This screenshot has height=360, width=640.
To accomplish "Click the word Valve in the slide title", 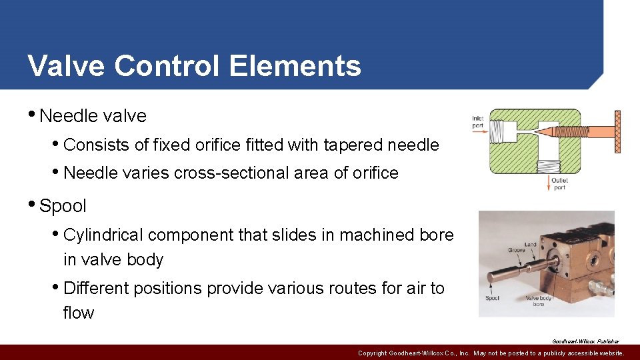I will (x=65, y=66).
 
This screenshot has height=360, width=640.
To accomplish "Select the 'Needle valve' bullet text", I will (x=93, y=116).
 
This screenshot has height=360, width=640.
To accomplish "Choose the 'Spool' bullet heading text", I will (x=63, y=206).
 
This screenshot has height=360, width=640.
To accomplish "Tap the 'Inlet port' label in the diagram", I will (x=477, y=121).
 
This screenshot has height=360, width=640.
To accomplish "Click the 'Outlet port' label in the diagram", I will (x=559, y=184).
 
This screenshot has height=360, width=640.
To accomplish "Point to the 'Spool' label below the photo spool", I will (x=491, y=298).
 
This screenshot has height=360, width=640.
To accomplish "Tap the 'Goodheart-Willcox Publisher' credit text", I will (x=585, y=341).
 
